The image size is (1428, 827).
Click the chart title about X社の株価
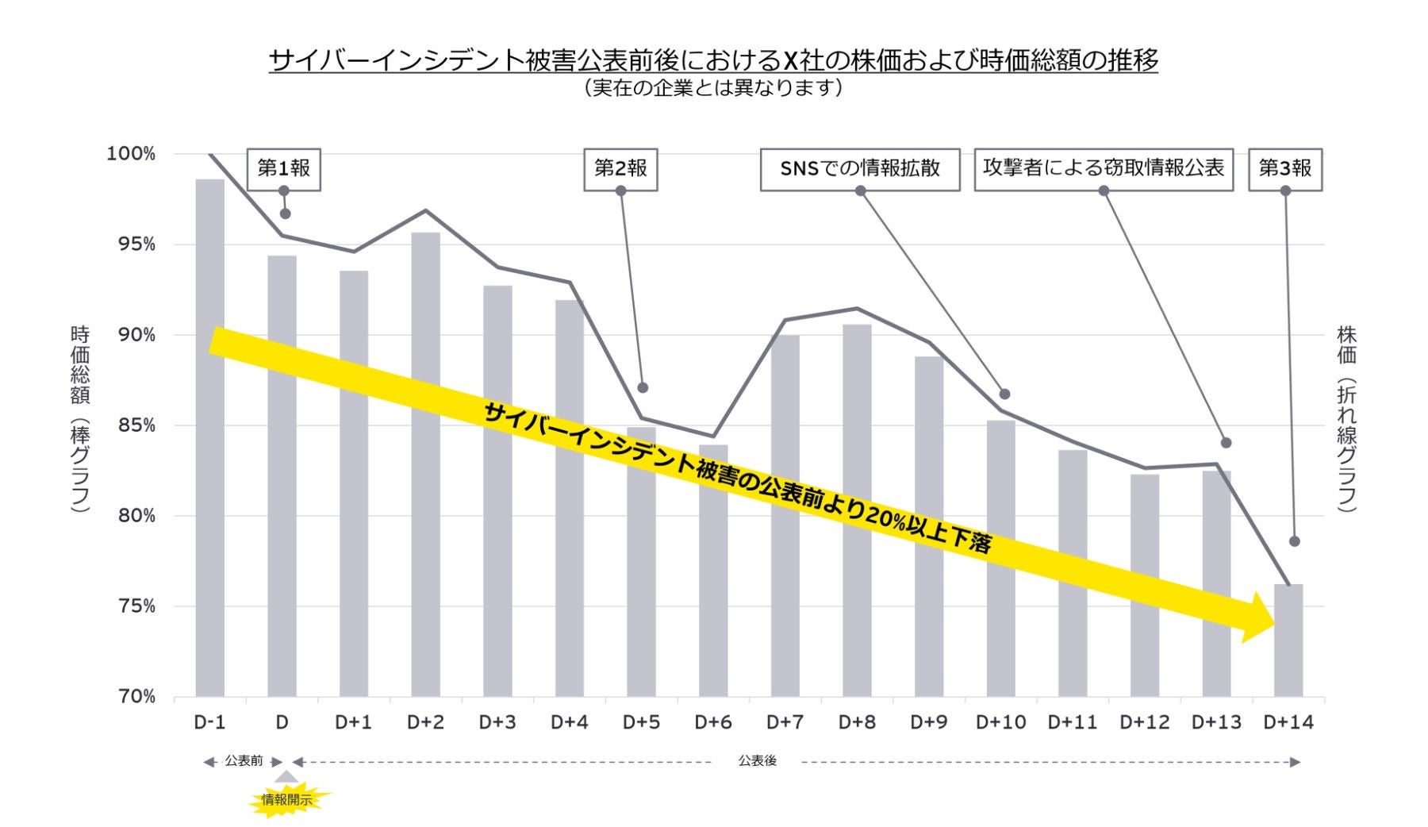pos(713,60)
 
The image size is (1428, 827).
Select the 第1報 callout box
pos(283,168)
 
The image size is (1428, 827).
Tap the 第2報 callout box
pos(620,168)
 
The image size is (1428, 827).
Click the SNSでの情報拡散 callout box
pos(859,168)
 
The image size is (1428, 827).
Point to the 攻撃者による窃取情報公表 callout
pos(1103,168)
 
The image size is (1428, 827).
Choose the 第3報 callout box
pos(1285,168)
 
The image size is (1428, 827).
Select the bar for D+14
pos(1288,651)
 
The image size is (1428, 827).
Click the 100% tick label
pos(131,154)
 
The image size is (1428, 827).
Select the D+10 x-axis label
pos(1000,722)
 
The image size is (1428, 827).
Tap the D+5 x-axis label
pos(641,722)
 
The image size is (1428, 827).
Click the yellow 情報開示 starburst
pos(287,800)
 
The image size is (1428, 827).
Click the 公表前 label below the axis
pos(244,761)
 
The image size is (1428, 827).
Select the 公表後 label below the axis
pos(757,761)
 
